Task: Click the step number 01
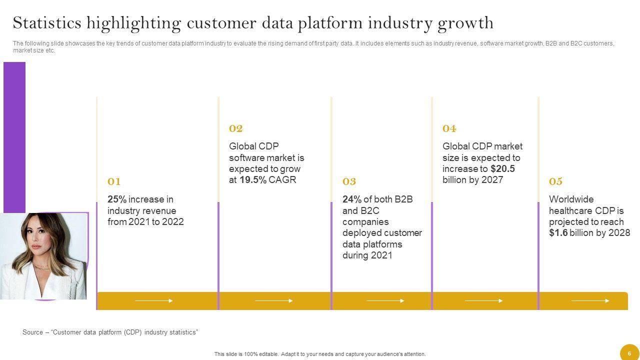(x=114, y=181)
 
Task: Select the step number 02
(x=235, y=128)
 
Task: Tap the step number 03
(x=349, y=181)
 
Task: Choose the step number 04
(x=449, y=128)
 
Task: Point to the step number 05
(x=555, y=181)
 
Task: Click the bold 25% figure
(x=117, y=199)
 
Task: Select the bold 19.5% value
(x=253, y=180)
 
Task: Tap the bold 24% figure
(x=352, y=199)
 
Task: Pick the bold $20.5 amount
(x=503, y=169)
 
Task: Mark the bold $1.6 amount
(x=558, y=233)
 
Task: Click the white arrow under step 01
(x=153, y=300)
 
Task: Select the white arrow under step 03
(x=385, y=300)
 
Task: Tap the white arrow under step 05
(x=590, y=300)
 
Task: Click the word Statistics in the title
(x=47, y=23)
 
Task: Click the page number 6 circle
(x=629, y=352)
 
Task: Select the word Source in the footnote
(x=33, y=332)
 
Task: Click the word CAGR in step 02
(x=282, y=180)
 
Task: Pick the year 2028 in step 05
(x=619, y=233)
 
